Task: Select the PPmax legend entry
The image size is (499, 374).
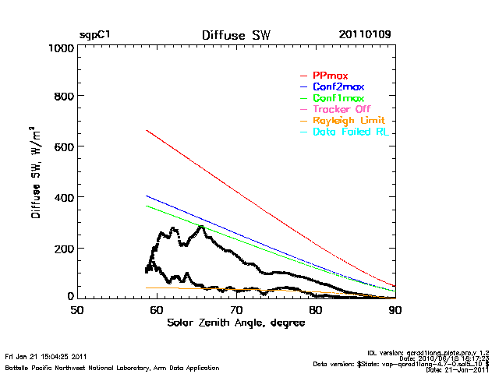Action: (328, 75)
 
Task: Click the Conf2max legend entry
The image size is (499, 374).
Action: (338, 86)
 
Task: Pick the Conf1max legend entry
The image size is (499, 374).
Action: (338, 98)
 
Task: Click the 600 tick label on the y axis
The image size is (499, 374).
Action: (63, 147)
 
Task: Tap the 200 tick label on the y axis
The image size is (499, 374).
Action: (63, 248)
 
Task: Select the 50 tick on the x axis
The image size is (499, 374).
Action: (76, 310)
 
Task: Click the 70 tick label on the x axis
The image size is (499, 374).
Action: (236, 310)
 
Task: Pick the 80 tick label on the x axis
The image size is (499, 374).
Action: (316, 310)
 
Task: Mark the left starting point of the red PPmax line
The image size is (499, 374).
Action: (147, 130)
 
